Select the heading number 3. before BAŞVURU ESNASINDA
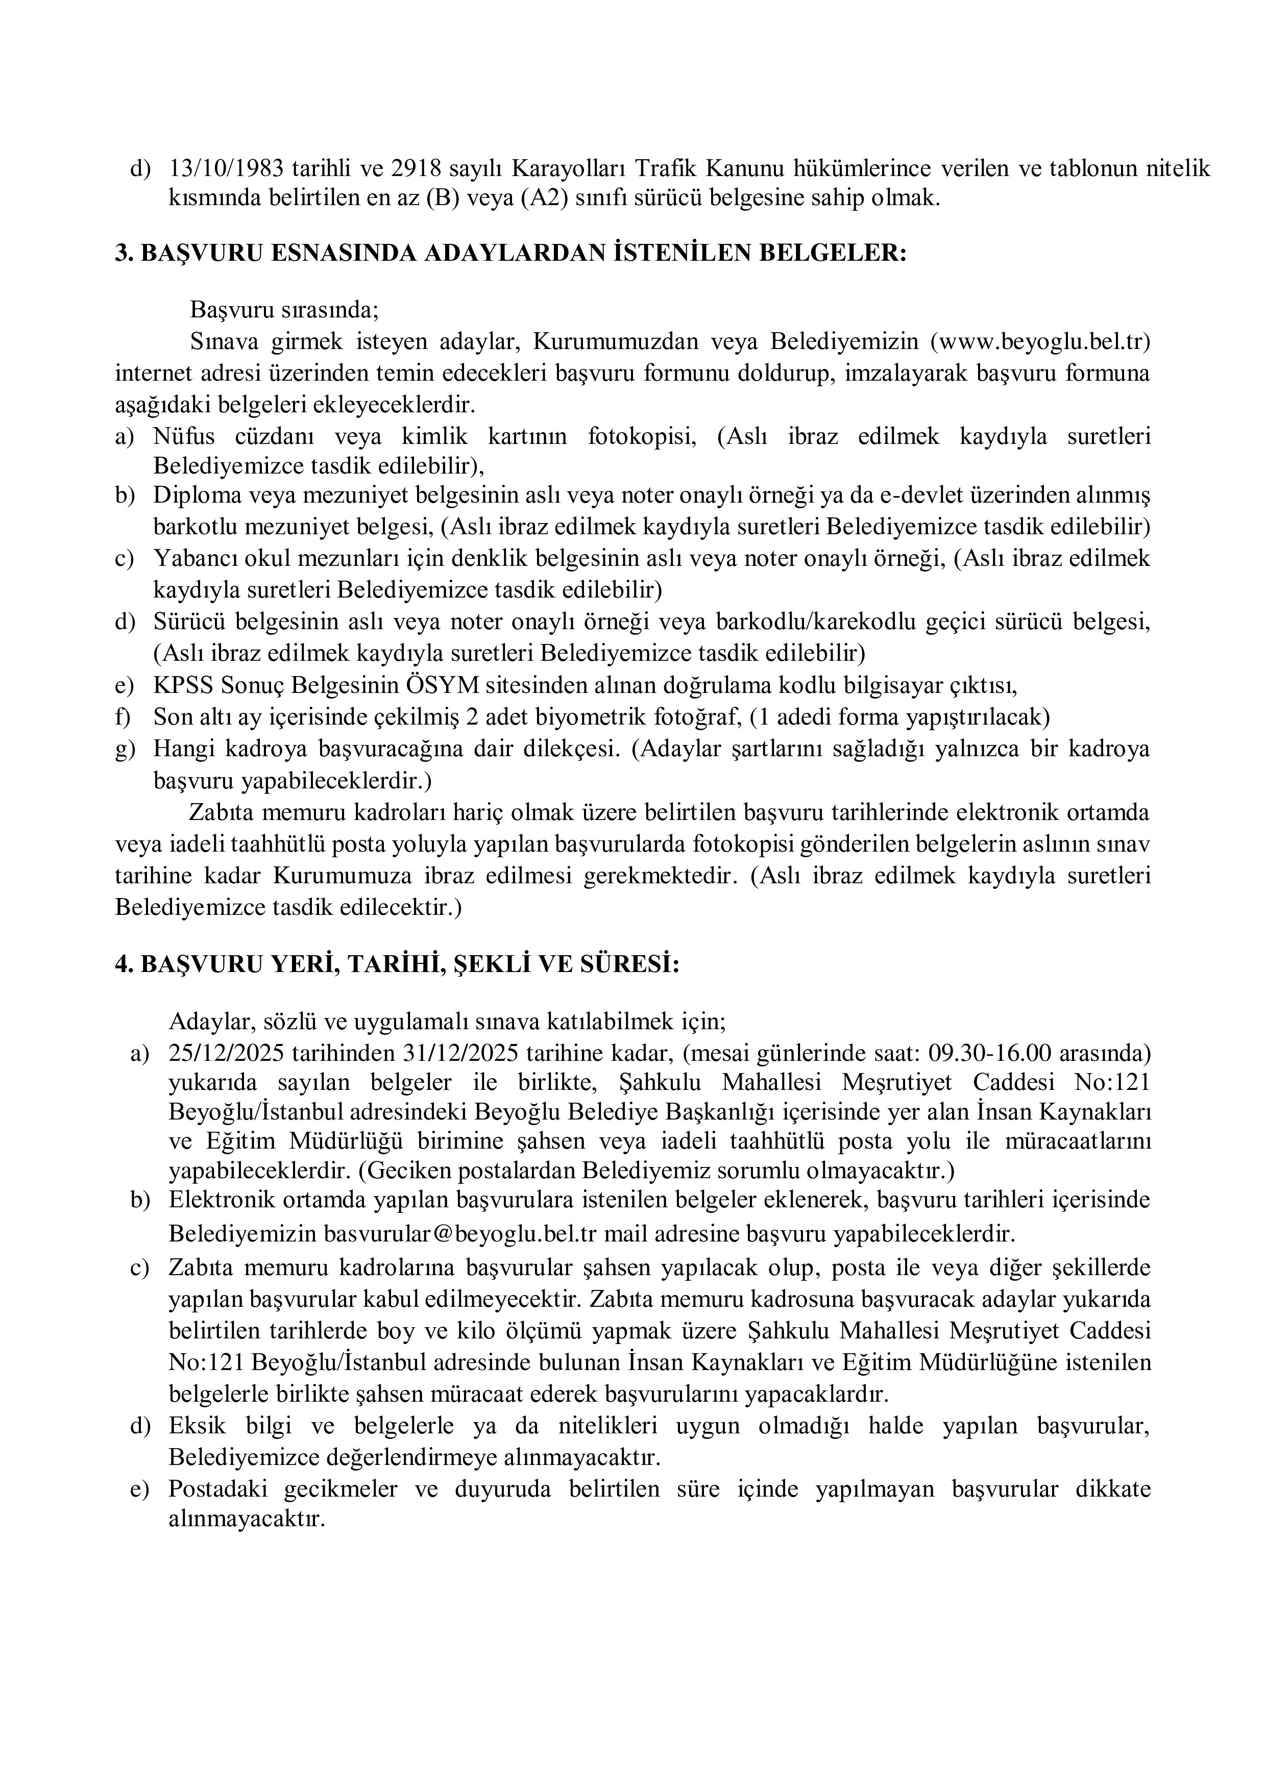(x=124, y=254)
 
